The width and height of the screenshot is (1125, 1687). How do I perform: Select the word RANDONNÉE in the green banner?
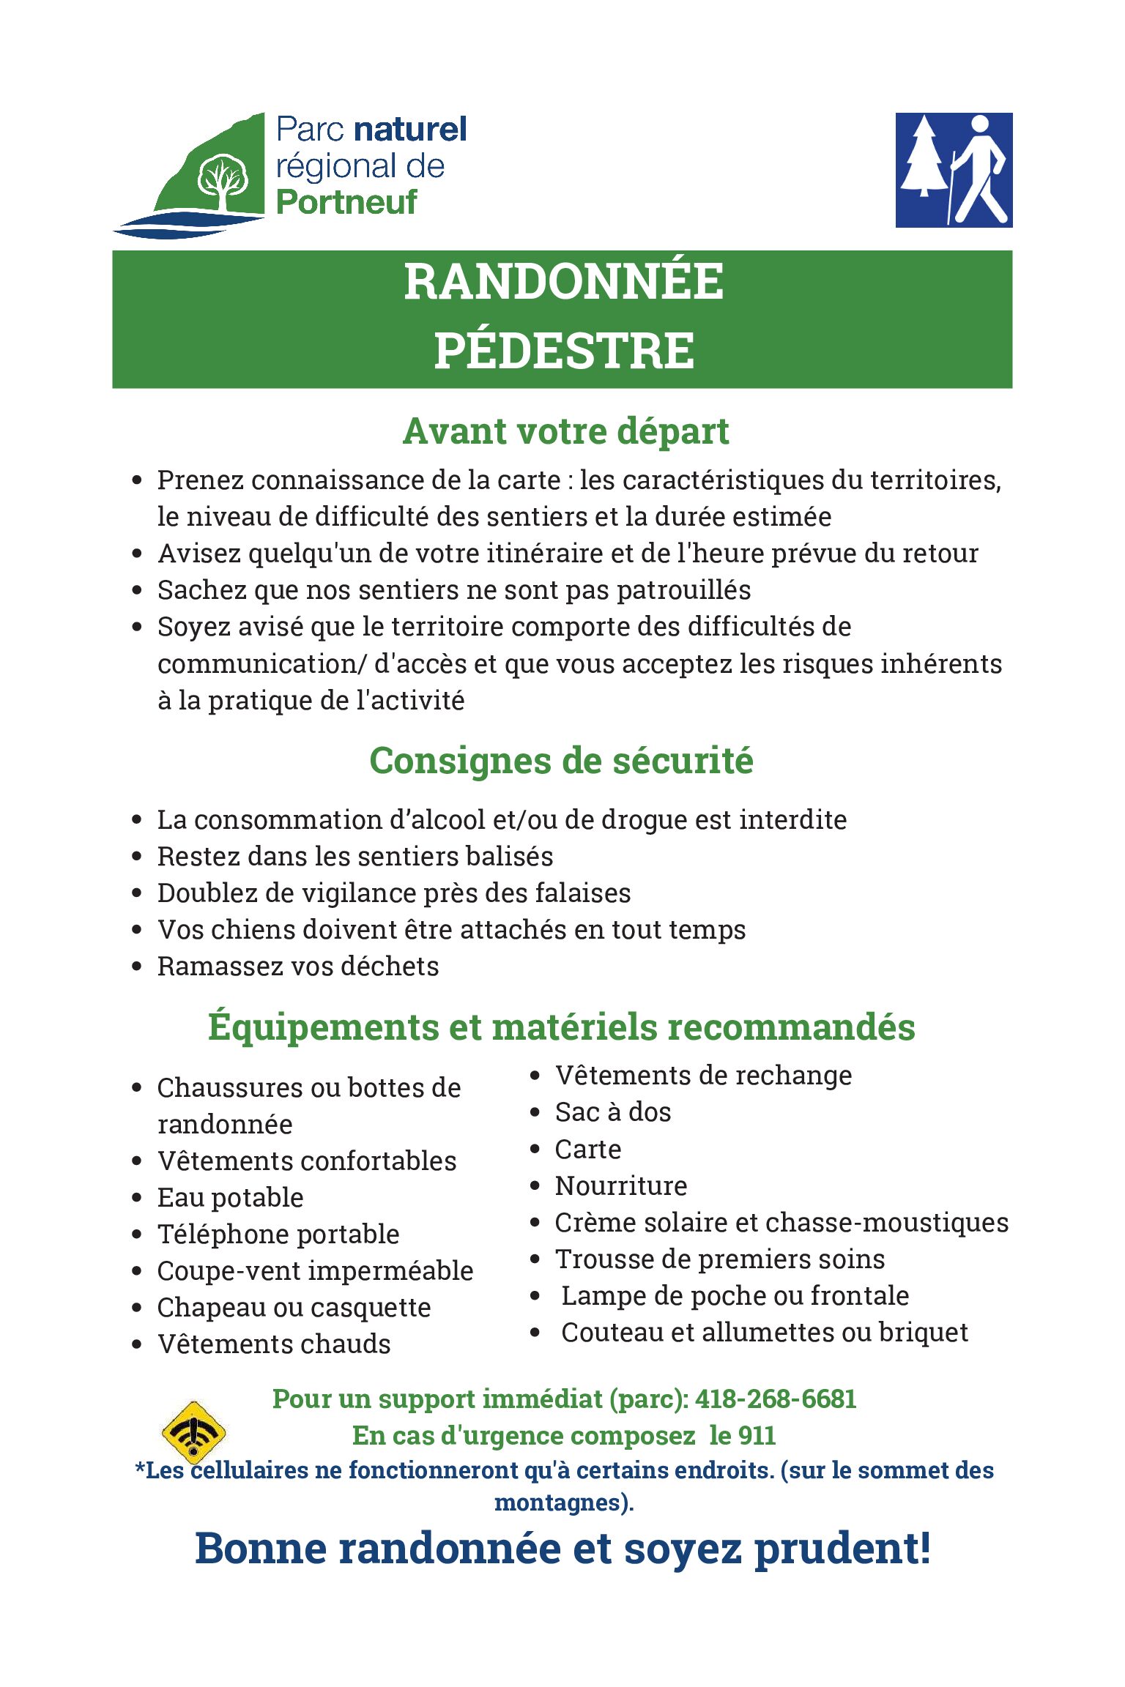coord(563,282)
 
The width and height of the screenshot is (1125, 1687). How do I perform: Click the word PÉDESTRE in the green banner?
coord(563,350)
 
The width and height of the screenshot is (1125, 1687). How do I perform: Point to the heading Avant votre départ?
coord(565,431)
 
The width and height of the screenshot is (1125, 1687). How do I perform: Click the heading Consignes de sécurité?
coord(561,761)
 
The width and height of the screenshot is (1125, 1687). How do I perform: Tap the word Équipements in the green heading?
coord(323,1027)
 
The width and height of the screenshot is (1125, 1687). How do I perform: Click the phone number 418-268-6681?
coord(775,1399)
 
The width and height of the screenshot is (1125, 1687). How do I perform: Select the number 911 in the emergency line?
coord(757,1435)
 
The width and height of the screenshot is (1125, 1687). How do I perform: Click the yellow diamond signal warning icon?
coord(193,1432)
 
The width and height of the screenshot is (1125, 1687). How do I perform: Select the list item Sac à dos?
coord(613,1112)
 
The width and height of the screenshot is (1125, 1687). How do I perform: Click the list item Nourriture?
coord(621,1185)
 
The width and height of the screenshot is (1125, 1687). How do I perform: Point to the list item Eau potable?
coord(230,1197)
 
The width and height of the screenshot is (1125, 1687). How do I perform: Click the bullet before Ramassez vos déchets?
coord(137,967)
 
